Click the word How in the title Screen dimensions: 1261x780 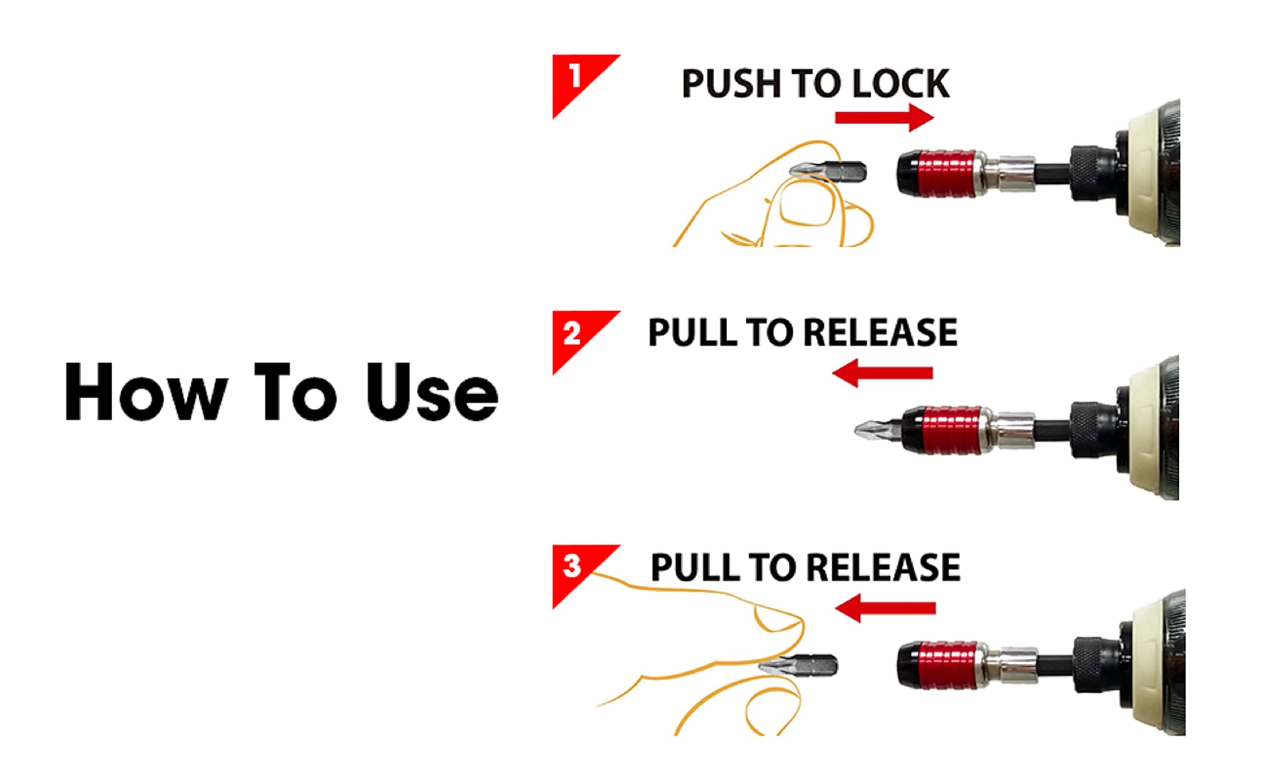pyautogui.click(x=146, y=391)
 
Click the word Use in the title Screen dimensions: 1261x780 pyautogui.click(x=432, y=391)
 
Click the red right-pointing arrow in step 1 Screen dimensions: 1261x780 pyautogui.click(x=884, y=118)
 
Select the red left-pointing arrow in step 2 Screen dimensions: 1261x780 pyautogui.click(x=882, y=373)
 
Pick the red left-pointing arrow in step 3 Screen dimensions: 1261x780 pyautogui.click(x=885, y=608)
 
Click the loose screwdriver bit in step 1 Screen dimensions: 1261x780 pyautogui.click(x=828, y=171)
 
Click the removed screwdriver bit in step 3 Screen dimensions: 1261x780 pyautogui.click(x=798, y=666)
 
